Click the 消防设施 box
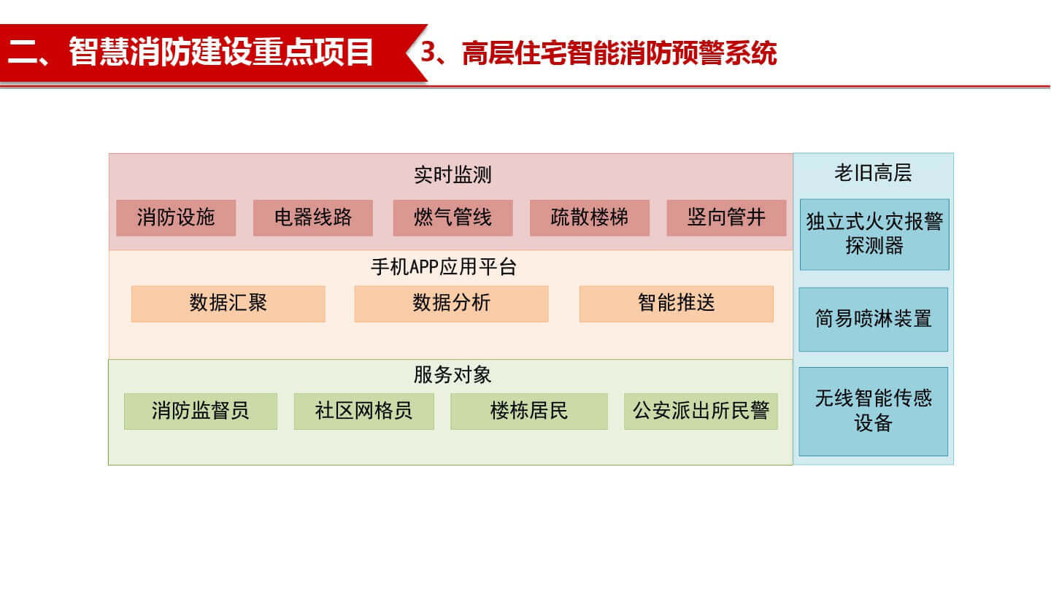(176, 217)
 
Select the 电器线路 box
(313, 217)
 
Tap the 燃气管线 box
(453, 217)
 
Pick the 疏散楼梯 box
(590, 217)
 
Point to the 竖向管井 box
(726, 217)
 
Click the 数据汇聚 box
(228, 304)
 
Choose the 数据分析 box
(451, 304)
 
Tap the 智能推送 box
(676, 304)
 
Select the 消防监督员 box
(201, 412)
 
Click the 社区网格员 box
(363, 412)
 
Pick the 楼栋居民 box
(529, 412)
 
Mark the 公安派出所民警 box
(701, 412)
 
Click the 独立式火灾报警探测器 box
(874, 234)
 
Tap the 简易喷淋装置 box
(874, 320)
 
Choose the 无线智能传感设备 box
(874, 412)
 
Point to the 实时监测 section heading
(453, 175)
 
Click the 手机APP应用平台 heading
(444, 267)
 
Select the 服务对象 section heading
(453, 375)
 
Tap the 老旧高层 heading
(873, 173)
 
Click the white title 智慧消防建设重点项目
(221, 52)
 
